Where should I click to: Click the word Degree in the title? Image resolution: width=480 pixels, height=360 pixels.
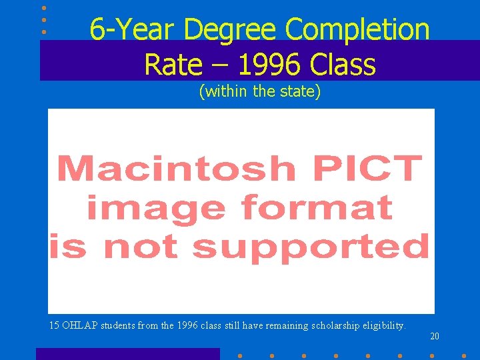(231, 30)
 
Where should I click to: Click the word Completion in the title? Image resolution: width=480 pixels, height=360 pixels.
(357, 30)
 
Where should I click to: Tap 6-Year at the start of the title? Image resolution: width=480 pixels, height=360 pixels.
(133, 30)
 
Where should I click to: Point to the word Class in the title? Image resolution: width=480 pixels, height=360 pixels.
(342, 65)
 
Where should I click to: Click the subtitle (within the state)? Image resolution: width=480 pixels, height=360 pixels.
(260, 91)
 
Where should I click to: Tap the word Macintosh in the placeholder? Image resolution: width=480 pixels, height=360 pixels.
(176, 169)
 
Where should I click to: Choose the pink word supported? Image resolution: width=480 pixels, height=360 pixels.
(311, 247)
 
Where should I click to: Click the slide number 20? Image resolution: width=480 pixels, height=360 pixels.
(435, 337)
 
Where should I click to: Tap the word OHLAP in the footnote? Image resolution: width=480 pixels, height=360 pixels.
(81, 326)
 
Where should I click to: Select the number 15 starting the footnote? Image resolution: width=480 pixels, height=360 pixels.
(55, 326)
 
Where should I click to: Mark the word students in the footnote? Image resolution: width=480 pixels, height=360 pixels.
(119, 326)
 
